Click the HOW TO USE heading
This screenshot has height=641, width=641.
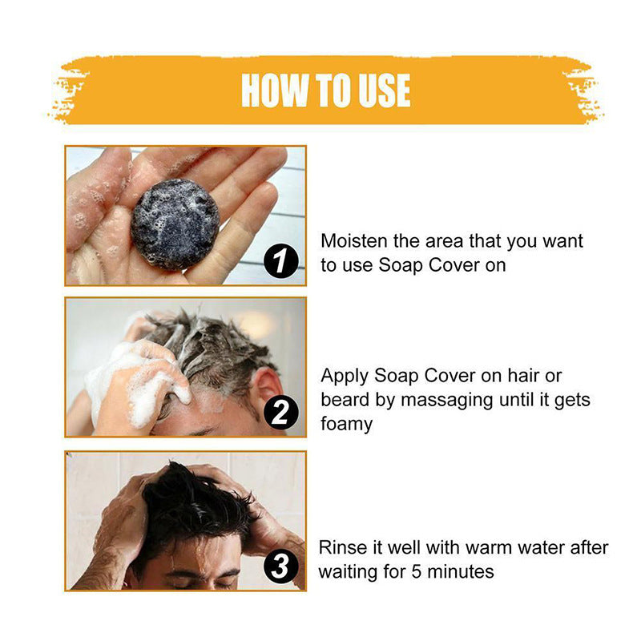click(x=325, y=91)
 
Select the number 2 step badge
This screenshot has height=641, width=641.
click(x=280, y=413)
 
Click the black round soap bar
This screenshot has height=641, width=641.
click(x=175, y=222)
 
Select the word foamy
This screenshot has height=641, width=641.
click(x=347, y=424)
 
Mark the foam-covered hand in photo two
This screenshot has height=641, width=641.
click(x=136, y=385)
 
